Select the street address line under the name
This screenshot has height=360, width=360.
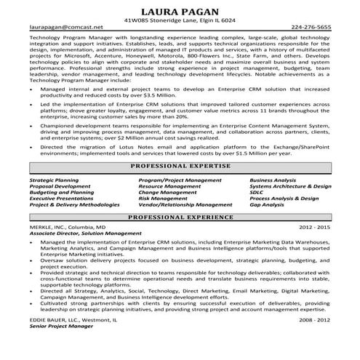[x=179, y=20]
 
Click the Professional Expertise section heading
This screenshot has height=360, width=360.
[x=179, y=167]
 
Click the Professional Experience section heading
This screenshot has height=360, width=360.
[x=179, y=217]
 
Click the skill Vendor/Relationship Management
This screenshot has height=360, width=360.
[x=178, y=204]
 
